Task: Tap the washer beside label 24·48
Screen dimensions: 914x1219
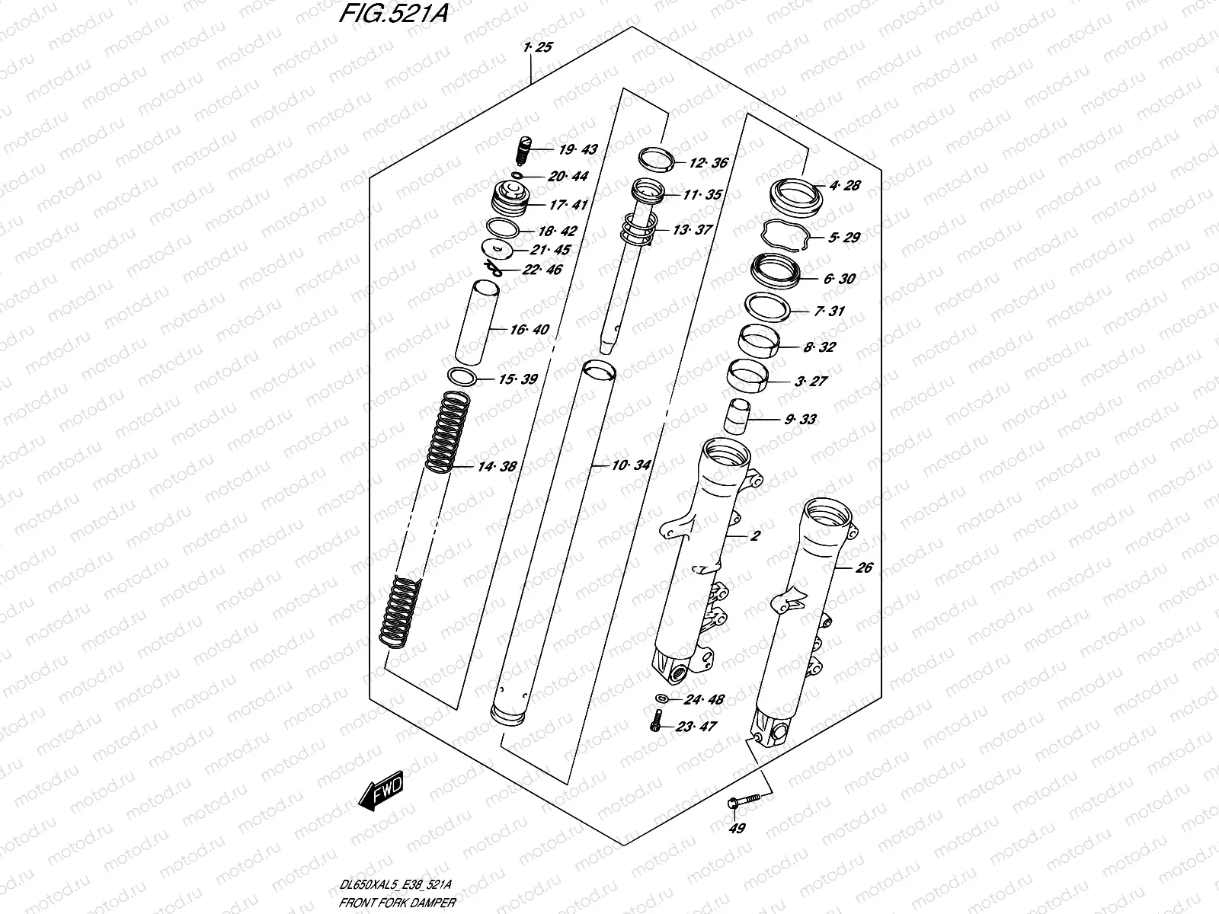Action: [662, 698]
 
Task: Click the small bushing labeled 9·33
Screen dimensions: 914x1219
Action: [737, 415]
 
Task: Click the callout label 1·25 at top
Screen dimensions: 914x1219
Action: [538, 47]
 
